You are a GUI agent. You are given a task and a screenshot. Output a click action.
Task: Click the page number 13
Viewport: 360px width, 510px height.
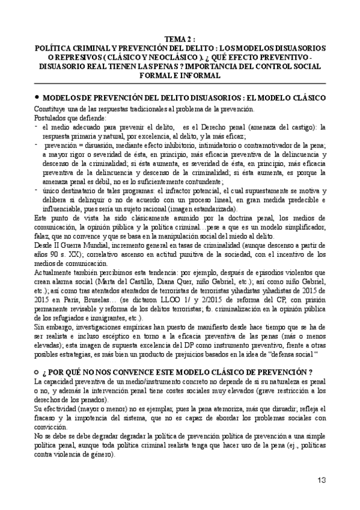click(322, 479)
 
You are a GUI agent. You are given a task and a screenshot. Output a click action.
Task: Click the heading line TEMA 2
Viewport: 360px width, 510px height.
click(180, 37)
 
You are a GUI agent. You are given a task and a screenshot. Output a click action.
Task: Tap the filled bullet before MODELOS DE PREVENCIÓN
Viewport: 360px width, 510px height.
click(37, 96)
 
